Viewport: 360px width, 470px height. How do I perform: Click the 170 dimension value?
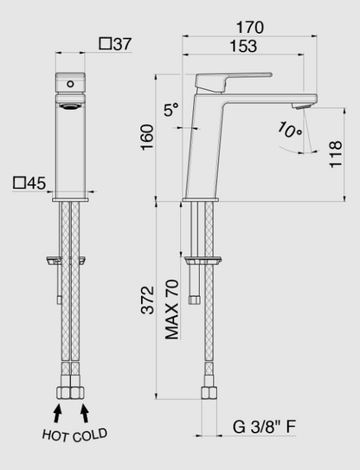pyautogui.click(x=250, y=28)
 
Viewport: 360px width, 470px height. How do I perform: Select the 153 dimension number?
pyautogui.click(x=243, y=46)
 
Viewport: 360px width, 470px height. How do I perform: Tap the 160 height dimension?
pyautogui.click(x=147, y=138)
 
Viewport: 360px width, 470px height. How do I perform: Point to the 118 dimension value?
pyautogui.click(x=336, y=154)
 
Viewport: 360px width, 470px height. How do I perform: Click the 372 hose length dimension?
pyautogui.click(x=147, y=300)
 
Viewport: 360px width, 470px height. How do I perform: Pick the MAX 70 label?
pyautogui.click(x=172, y=310)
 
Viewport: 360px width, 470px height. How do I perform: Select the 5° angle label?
pyautogui.click(x=171, y=109)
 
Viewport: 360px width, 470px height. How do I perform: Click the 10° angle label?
pyautogui.click(x=289, y=130)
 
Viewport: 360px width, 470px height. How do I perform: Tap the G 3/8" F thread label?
pyautogui.click(x=265, y=427)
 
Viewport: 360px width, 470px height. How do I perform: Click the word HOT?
pyautogui.click(x=55, y=435)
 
